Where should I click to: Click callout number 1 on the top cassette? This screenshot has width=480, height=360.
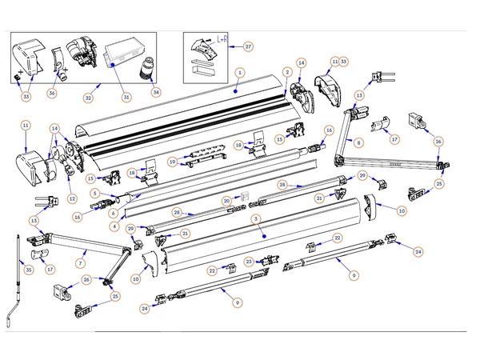click(x=238, y=72)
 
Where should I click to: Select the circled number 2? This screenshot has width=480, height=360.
click(x=286, y=73)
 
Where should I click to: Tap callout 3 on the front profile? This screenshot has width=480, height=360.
click(x=254, y=218)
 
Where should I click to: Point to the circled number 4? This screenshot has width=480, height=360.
click(x=115, y=226)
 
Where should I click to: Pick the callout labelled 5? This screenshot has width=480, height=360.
click(x=94, y=193)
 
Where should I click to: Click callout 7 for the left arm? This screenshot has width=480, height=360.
click(x=80, y=262)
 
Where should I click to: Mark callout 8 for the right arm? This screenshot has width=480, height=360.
click(x=358, y=143)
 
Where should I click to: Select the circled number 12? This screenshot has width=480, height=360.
click(x=72, y=199)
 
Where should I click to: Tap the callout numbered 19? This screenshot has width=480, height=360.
click(x=172, y=162)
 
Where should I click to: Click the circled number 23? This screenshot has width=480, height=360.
click(x=249, y=261)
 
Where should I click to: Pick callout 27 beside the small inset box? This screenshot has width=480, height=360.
click(x=247, y=46)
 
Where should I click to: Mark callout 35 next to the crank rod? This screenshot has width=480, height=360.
click(x=29, y=270)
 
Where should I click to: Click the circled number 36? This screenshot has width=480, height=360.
click(x=52, y=94)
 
